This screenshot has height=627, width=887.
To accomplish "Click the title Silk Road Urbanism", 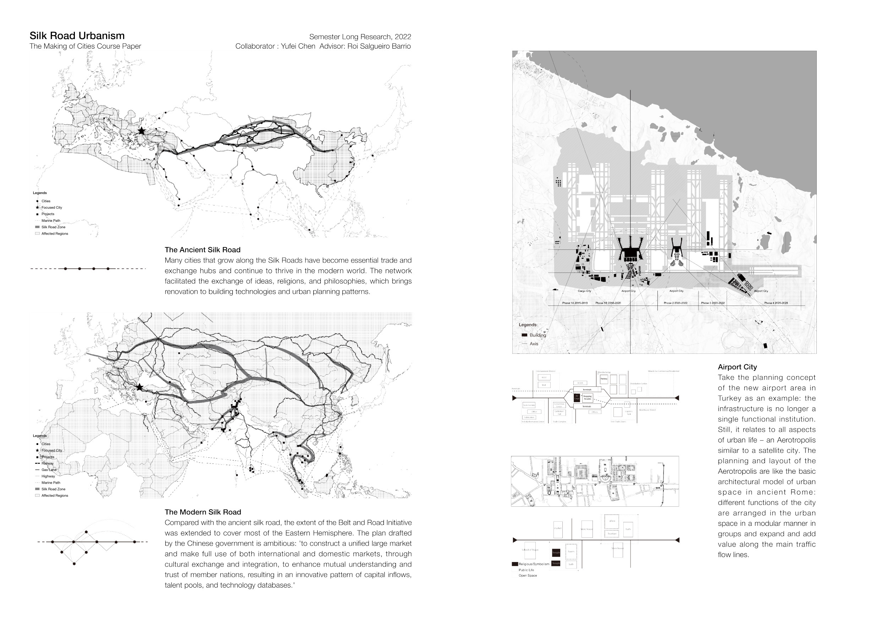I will [77, 36].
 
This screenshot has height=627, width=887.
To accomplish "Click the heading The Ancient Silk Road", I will [203, 250].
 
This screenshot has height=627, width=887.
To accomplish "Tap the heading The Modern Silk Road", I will [203, 512].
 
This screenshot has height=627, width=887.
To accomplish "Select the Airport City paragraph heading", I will [737, 367].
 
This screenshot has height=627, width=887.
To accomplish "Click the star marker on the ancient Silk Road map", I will [142, 131].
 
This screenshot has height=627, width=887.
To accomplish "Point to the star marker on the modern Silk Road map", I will [139, 387].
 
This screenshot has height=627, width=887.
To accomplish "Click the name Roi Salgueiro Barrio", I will [379, 46].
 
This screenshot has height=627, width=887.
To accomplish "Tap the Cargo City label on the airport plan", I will [584, 291].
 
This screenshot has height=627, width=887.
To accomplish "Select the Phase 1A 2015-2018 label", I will [574, 303].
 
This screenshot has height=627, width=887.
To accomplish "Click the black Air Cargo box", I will [577, 397].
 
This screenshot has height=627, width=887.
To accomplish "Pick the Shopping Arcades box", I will [587, 397].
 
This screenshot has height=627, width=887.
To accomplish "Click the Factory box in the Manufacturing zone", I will [604, 379].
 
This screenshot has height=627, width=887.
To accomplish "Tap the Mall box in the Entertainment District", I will [544, 385].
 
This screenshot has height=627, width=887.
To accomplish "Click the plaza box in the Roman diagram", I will [612, 521].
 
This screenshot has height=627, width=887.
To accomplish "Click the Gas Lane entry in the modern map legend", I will [49, 470].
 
